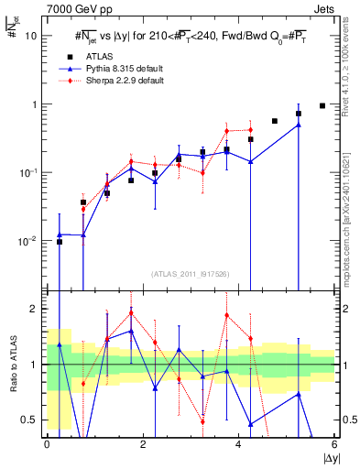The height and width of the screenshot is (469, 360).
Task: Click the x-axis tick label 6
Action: click(334, 446)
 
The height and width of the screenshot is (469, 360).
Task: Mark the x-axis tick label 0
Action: click(47, 446)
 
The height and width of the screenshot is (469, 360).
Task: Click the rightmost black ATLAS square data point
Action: click(322, 105)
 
